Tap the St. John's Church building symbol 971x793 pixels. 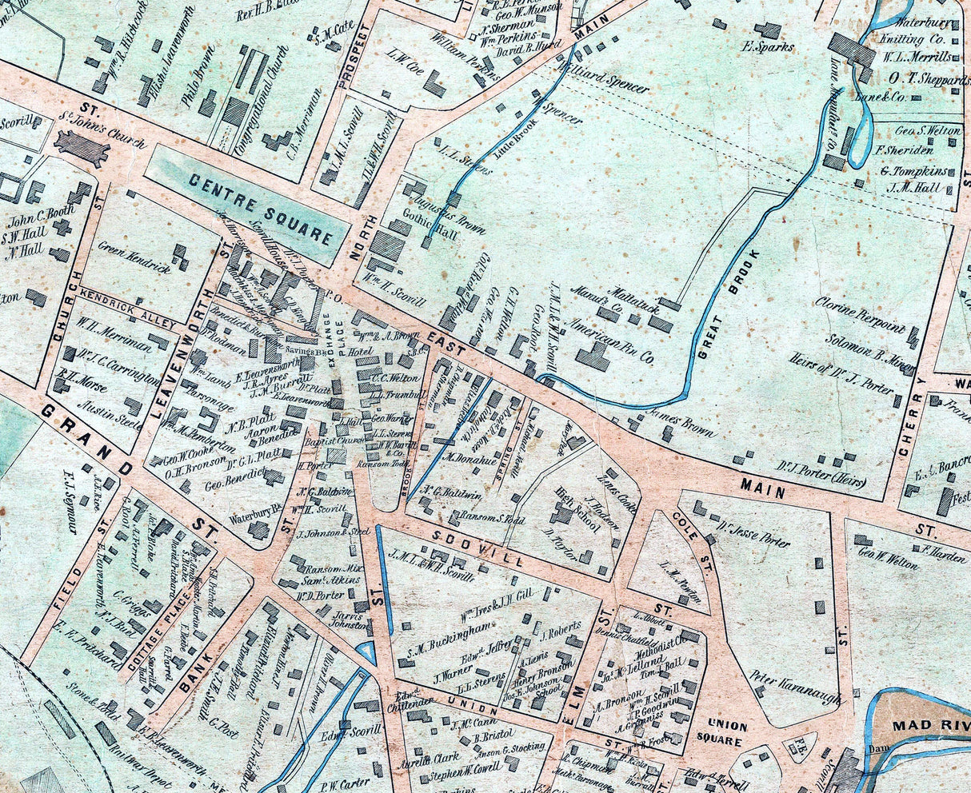(80, 149)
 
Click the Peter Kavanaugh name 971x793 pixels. (797, 687)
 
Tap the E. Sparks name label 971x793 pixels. (768, 47)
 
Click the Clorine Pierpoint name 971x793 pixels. (860, 315)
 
